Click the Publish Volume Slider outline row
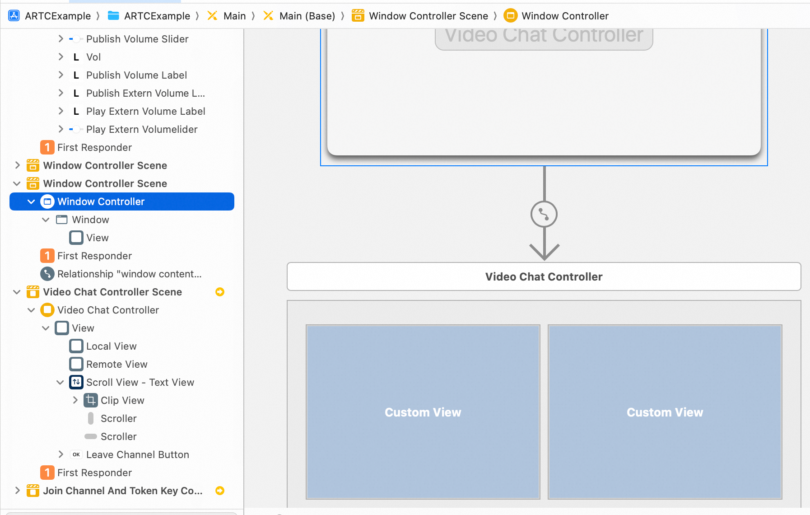coord(137,39)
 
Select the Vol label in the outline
coord(93,57)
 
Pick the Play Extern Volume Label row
coord(145,111)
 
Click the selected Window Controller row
coord(122,201)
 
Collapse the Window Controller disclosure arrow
coord(31,201)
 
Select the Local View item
coord(111,346)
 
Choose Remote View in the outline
coord(116,364)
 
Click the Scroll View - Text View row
coord(140,382)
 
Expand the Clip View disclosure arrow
coord(75,400)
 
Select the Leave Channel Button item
coord(137,454)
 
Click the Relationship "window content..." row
coord(129,274)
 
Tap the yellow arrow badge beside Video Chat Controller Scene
coord(220,292)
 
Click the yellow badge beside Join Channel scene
coord(220,491)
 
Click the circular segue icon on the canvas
coord(544,214)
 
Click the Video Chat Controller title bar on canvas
coord(544,276)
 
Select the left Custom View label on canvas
coord(423,412)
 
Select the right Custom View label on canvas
coord(665,412)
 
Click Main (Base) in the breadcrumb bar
coord(307,16)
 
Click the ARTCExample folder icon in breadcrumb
coord(113,16)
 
